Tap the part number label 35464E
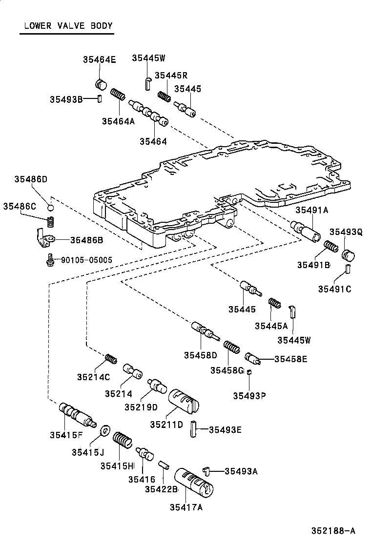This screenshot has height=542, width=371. tap(99, 60)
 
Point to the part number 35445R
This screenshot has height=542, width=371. tap(171, 75)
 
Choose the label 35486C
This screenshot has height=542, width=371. tap(20, 206)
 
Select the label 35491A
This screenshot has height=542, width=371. tap(311, 210)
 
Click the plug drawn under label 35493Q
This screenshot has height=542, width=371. tap(349, 255)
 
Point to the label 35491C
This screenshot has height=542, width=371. tap(335, 289)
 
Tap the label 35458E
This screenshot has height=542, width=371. tap(290, 359)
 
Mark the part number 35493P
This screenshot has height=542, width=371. tap(249, 395)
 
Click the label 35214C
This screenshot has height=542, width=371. tap(93, 376)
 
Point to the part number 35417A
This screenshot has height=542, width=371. tap(186, 507)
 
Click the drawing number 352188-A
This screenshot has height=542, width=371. tap(334, 530)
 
